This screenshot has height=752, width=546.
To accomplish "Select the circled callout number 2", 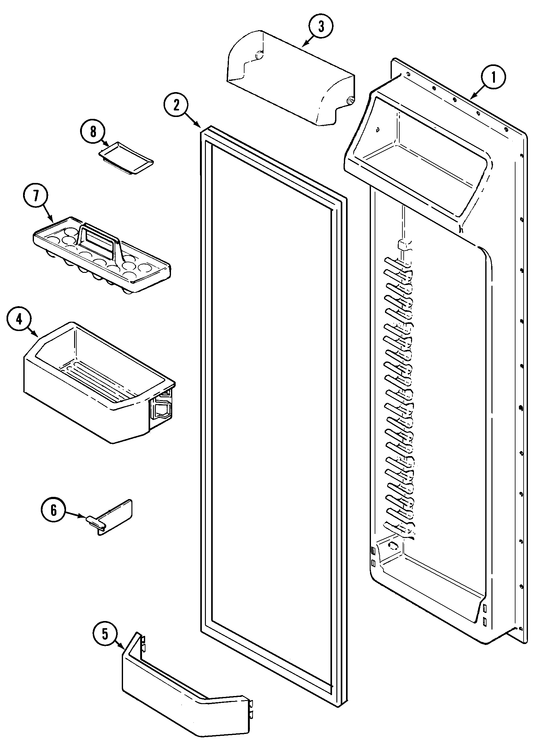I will (176, 105).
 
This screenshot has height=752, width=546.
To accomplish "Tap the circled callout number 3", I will (320, 26).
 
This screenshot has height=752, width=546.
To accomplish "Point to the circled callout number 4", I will (19, 319).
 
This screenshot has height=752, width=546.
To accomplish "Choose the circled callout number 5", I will (105, 634).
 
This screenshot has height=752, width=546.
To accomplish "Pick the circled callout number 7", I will (36, 196).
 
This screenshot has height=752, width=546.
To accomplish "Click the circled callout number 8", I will (93, 132).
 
